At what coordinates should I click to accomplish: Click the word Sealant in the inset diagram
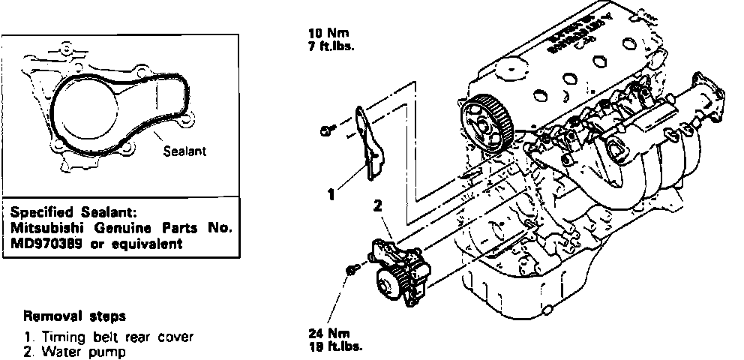click(x=184, y=151)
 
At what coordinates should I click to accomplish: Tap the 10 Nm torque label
click(x=324, y=33)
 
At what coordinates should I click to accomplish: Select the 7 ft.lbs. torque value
click(x=331, y=44)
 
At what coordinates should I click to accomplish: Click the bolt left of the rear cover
click(x=326, y=132)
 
